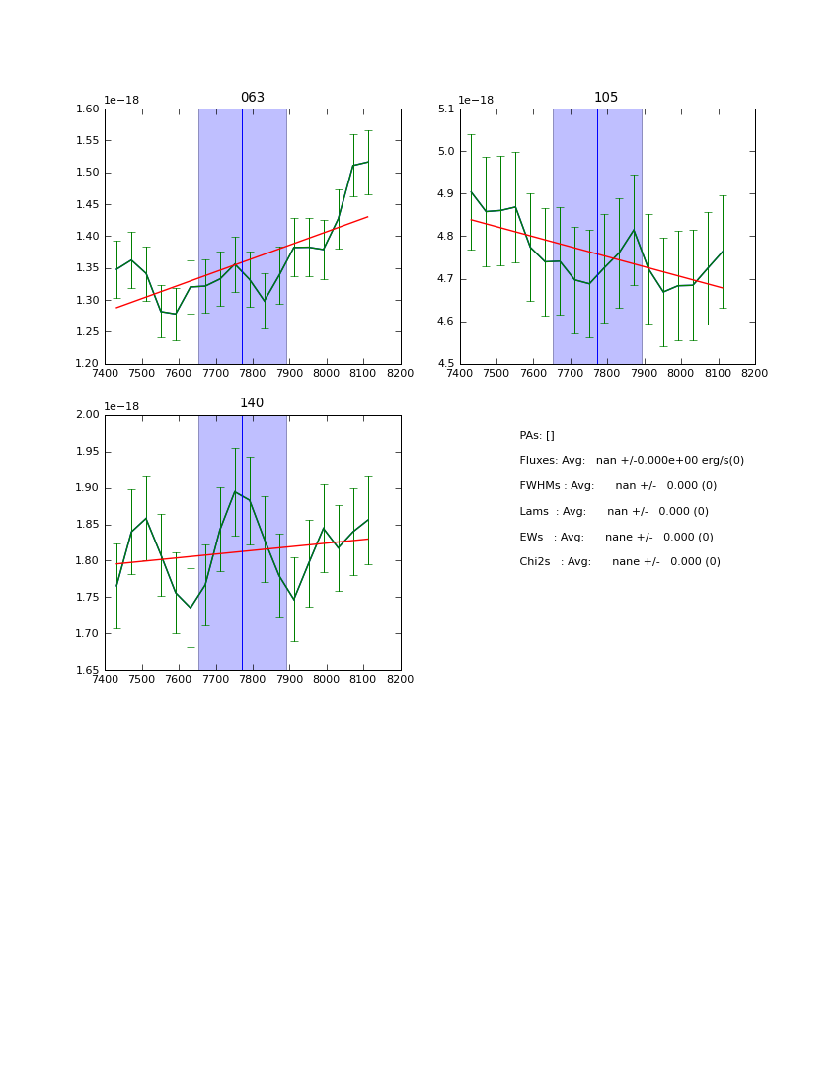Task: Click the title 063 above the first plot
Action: [x=252, y=98]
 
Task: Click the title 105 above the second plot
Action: [x=606, y=98]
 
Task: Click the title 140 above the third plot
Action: [x=252, y=403]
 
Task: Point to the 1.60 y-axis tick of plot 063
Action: [x=88, y=109]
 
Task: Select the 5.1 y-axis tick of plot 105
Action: [x=445, y=109]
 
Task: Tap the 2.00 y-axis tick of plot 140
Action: [x=88, y=415]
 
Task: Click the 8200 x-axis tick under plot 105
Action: [x=755, y=374]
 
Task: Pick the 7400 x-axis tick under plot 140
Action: [x=105, y=680]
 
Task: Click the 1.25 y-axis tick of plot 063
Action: [x=88, y=332]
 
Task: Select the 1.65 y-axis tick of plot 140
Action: [x=88, y=671]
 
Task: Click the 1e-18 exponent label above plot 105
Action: [x=475, y=100]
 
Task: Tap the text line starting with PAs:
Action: [x=537, y=436]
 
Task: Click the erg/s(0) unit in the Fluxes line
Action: [x=720, y=461]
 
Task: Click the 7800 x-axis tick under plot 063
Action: [x=253, y=374]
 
